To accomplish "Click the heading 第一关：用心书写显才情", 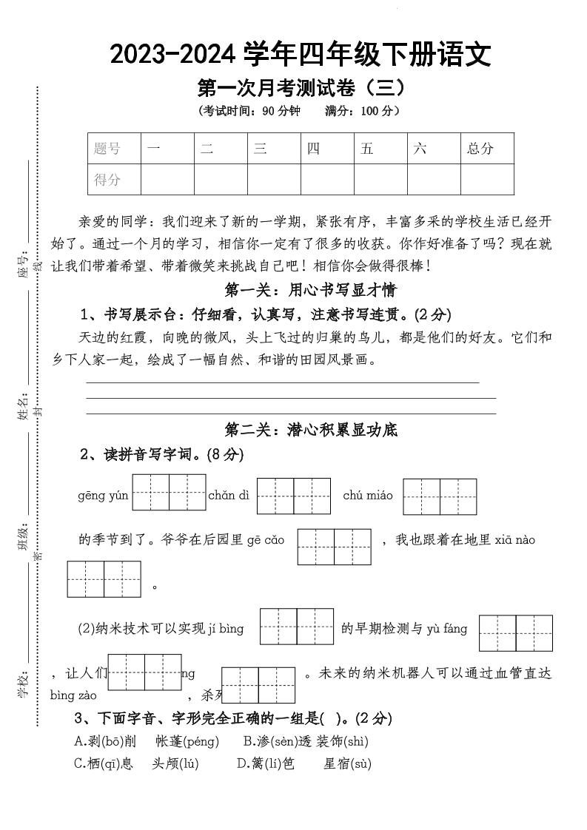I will (311, 289).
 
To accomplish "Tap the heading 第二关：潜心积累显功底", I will (311, 430).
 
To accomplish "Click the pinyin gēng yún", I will (103, 496).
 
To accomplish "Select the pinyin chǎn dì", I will (229, 496).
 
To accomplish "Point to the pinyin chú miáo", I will (368, 496).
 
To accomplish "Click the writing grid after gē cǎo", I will (334, 547).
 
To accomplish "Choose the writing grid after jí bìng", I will (297, 627).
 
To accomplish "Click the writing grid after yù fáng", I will (516, 633).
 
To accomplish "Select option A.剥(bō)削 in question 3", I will (105, 741).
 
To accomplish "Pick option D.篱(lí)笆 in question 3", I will (265, 763).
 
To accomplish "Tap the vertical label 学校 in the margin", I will (23, 685).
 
